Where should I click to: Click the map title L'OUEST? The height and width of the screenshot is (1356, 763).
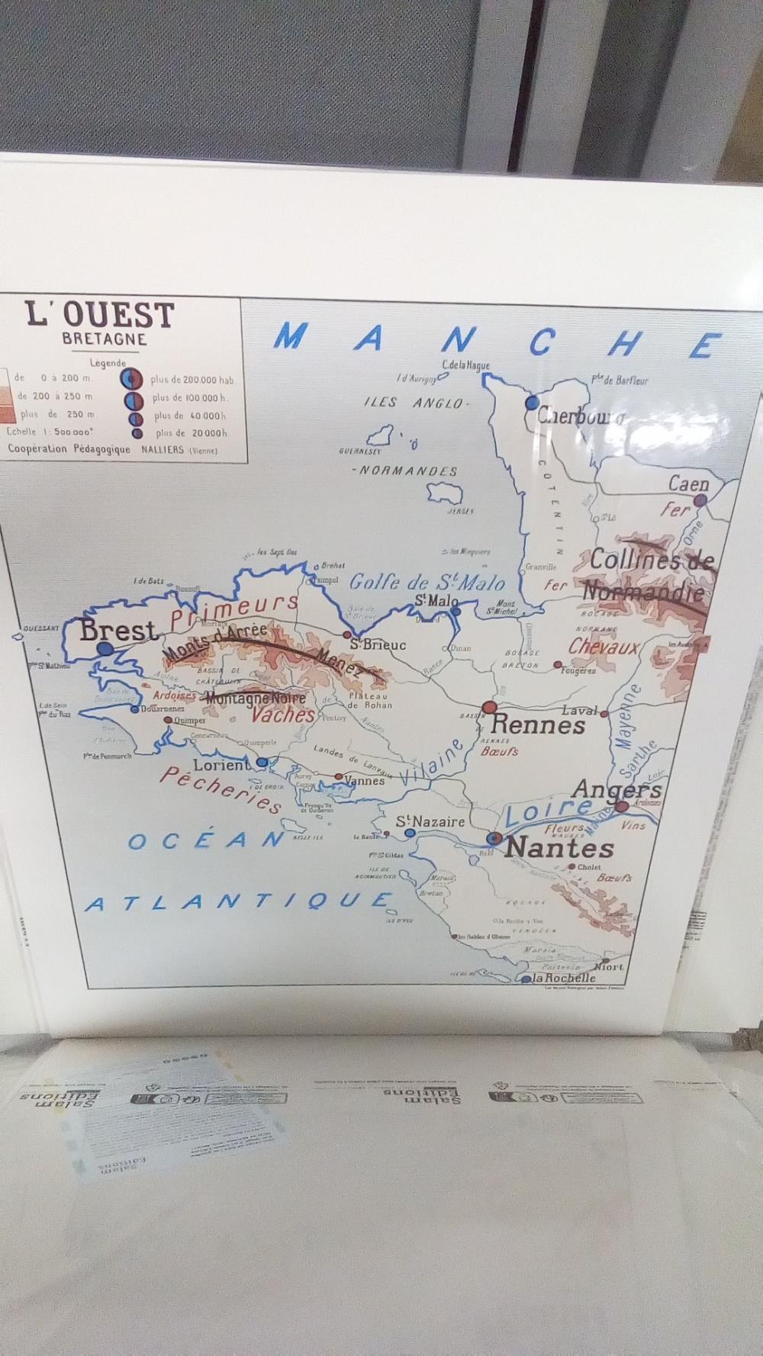pos(100,314)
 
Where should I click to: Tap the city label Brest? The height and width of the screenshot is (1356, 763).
pos(118,631)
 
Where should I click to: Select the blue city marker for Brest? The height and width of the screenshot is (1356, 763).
pos(105,648)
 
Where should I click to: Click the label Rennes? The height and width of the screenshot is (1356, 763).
pos(538,725)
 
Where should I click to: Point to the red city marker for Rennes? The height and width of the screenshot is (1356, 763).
pos(490,708)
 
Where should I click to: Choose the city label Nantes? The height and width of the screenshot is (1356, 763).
pos(559,847)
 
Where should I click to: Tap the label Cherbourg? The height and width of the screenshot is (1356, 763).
pos(580,416)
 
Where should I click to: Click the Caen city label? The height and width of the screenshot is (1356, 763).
pos(688,484)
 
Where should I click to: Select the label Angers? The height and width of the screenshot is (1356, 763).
pos(617,789)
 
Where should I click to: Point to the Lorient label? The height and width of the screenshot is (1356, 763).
pos(221,765)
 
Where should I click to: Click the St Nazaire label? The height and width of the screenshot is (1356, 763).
pos(430,821)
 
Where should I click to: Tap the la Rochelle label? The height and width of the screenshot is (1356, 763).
pos(564,978)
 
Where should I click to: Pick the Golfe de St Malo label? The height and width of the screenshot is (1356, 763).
pos(427,583)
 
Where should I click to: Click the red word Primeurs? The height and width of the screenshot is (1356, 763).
pos(234,611)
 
